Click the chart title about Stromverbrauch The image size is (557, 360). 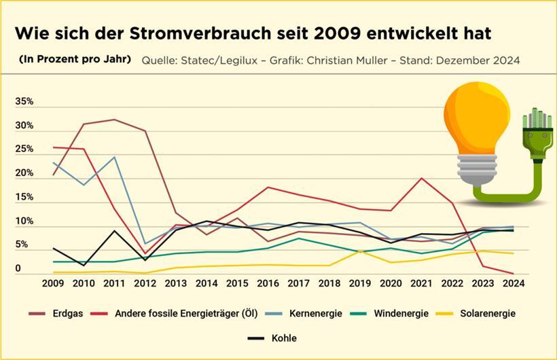tap(253, 33)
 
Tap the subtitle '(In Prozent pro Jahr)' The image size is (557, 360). tap(75, 59)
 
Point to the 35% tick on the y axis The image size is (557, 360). tap(24, 101)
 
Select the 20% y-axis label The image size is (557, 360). tap(24, 173)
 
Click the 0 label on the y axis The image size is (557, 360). tap(18, 269)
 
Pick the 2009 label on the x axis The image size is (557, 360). tap(53, 283)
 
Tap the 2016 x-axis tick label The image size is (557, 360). tap(269, 283)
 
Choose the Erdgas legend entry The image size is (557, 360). tap(68, 313)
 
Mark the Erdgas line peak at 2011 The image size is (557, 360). tap(114, 120)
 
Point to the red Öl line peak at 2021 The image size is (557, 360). tap(423, 178)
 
